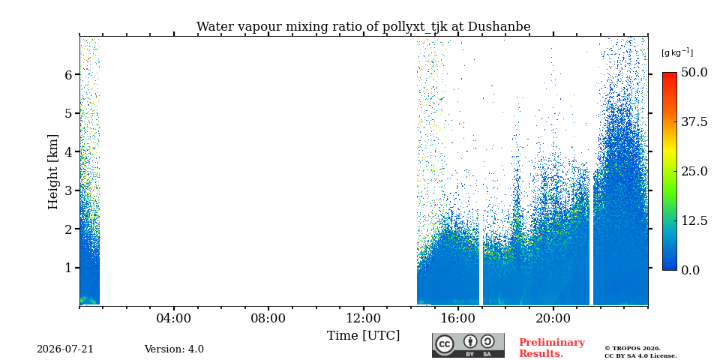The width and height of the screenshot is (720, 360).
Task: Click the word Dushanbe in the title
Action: [x=499, y=27]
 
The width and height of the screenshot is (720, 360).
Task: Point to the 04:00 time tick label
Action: [x=174, y=318]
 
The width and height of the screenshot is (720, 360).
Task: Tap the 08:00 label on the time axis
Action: [x=268, y=318]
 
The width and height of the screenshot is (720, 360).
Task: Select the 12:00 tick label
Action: [x=363, y=318]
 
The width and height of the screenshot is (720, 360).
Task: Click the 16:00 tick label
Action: [x=457, y=318]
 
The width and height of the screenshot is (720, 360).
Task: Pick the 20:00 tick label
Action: [x=553, y=318]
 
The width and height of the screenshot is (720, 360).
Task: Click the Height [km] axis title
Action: [x=53, y=172]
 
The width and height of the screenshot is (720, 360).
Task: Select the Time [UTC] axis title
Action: [x=363, y=336]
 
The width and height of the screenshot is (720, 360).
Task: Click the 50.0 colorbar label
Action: [x=694, y=73]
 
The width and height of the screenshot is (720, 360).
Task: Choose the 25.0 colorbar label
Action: [x=694, y=171]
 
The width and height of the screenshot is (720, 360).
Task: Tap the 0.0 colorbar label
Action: [x=690, y=270]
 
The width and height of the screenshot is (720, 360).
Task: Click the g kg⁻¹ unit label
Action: [x=677, y=52]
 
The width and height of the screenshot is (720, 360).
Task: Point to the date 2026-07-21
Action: [x=65, y=349]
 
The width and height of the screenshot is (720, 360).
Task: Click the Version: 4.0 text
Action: [x=174, y=349]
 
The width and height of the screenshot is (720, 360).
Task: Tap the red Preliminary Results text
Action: [x=552, y=348]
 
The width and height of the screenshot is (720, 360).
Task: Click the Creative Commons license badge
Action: [x=468, y=345]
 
